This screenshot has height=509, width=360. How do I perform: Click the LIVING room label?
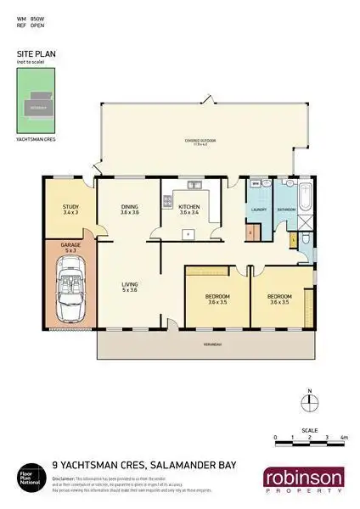128,286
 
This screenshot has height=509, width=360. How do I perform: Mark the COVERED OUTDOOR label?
200,142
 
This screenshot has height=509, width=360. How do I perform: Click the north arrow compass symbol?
310,401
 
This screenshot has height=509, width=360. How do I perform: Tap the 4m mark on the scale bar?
343,438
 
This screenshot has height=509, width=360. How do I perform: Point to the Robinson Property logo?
303,480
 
